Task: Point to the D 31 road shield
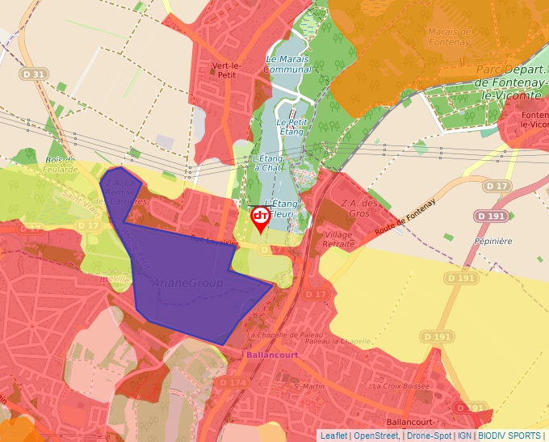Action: click(35, 74)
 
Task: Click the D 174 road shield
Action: click(232, 381)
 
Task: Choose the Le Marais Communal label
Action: click(288, 64)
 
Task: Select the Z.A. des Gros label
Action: click(360, 208)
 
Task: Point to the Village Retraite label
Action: click(338, 238)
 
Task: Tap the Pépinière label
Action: click(494, 241)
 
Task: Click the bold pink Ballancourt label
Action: click(266, 353)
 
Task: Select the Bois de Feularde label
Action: click(61, 164)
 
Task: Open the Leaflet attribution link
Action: click(333, 436)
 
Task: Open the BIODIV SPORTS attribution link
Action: click(509, 436)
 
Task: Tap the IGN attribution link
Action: click(464, 436)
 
